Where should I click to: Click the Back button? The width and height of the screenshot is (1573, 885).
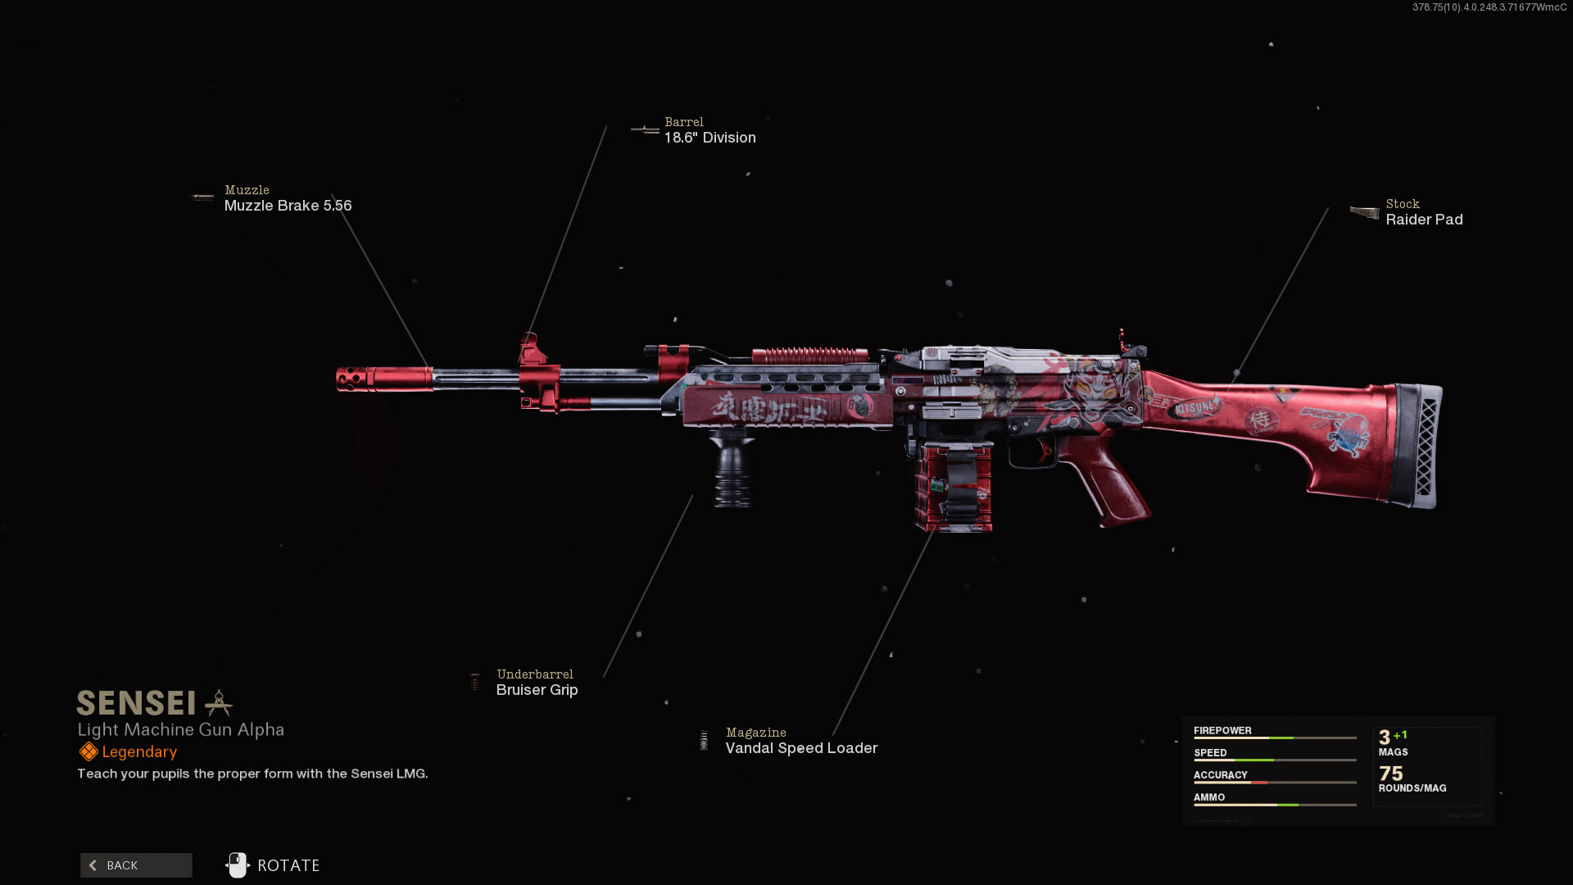(x=136, y=865)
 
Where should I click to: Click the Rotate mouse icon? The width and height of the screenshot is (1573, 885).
(x=237, y=865)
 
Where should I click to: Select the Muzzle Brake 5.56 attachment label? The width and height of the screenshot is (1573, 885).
(x=288, y=206)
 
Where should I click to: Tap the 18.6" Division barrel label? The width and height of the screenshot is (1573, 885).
(x=709, y=138)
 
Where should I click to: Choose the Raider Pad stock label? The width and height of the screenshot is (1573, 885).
(x=1424, y=220)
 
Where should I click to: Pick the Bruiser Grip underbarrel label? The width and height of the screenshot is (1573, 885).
(x=537, y=690)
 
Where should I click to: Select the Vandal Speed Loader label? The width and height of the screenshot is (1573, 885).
(x=801, y=748)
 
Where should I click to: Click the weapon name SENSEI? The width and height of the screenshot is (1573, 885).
(x=136, y=703)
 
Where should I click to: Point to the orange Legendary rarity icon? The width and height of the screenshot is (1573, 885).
(x=88, y=751)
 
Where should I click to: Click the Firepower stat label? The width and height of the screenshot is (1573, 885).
(x=1222, y=730)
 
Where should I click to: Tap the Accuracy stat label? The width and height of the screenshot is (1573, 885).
(x=1220, y=774)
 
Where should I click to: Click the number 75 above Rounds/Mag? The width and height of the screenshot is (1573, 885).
(x=1390, y=774)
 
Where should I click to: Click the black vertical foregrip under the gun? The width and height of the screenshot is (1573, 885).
(x=732, y=471)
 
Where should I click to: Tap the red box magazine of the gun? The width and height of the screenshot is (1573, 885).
(x=953, y=487)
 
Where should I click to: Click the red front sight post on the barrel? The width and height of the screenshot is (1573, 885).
(x=531, y=351)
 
